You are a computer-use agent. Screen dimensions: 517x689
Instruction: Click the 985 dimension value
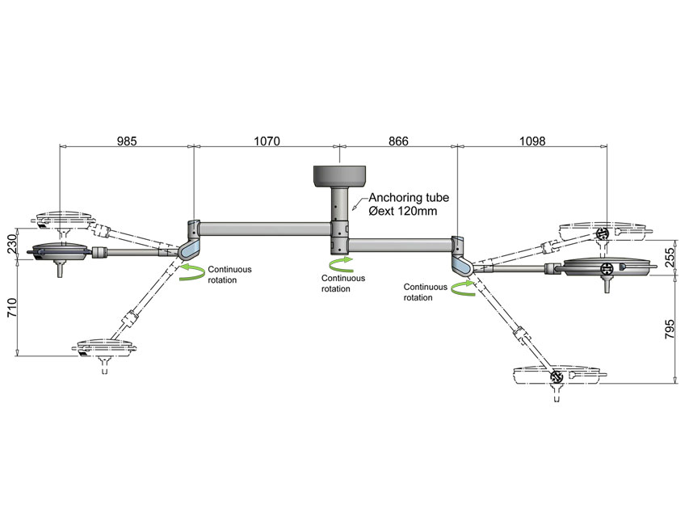[127, 141]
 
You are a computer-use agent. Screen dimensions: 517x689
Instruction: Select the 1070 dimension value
[267, 141]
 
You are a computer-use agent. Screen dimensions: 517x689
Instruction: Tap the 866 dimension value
[398, 141]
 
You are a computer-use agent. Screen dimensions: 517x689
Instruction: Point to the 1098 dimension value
[532, 141]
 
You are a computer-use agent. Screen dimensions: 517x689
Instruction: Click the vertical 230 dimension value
[11, 245]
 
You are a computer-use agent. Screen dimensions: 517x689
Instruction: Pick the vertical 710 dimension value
[11, 308]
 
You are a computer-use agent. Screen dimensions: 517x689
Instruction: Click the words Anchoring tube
[408, 197]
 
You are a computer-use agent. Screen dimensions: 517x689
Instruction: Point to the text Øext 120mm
[404, 211]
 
